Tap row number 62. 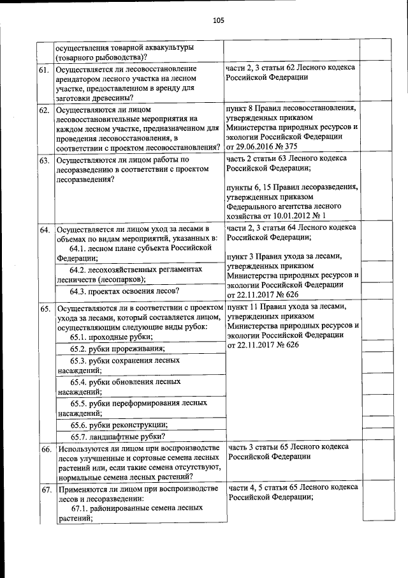coord(45,110)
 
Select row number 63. coord(45,160)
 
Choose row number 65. coord(45,308)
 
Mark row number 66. coord(45,450)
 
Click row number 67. coord(45,489)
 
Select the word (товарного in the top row coord(75,57)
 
